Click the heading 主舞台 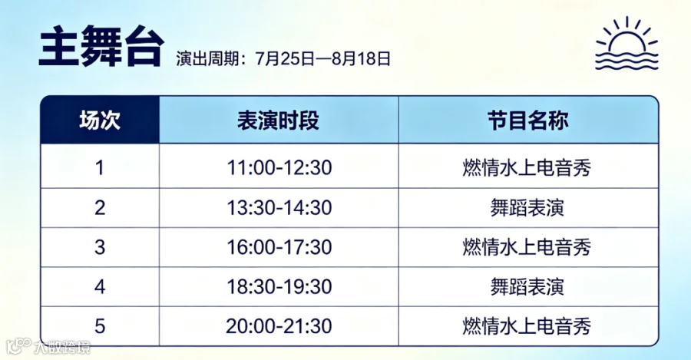click(x=101, y=46)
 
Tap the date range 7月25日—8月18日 click(x=323, y=58)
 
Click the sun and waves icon click(x=627, y=43)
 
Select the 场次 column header click(x=100, y=120)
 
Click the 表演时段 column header click(x=278, y=120)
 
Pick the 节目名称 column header click(x=528, y=120)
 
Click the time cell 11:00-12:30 click(x=279, y=167)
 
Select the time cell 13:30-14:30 click(x=279, y=207)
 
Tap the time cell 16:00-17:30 click(x=279, y=247)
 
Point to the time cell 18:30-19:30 click(x=279, y=287)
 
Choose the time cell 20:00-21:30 click(x=279, y=326)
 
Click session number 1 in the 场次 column click(x=100, y=168)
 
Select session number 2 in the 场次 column click(x=100, y=207)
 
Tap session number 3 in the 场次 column click(x=100, y=247)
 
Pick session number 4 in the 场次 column click(x=100, y=287)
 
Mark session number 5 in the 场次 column click(x=100, y=326)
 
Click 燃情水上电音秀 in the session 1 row click(x=527, y=168)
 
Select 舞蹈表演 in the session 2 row click(x=527, y=207)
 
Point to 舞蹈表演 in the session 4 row click(x=527, y=287)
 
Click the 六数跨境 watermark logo click(x=48, y=347)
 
